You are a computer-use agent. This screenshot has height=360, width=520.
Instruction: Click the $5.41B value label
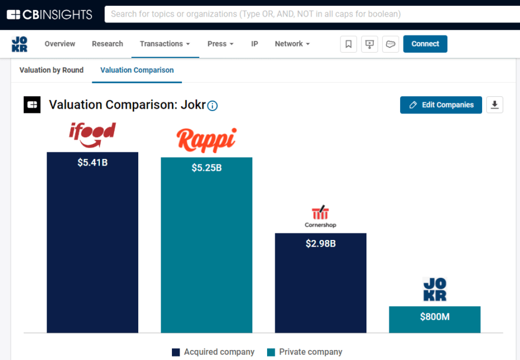[x=92, y=163]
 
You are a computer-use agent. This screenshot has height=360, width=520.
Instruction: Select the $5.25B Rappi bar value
[x=206, y=168]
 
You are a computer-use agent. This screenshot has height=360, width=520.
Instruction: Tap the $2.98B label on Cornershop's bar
[x=320, y=244]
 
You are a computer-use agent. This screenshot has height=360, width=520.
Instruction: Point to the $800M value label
[x=434, y=317]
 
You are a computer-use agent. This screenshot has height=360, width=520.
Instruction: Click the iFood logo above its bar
[x=92, y=135]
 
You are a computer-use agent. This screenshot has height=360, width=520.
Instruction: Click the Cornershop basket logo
[x=320, y=216]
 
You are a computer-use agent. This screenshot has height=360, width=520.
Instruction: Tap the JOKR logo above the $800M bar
[x=434, y=290]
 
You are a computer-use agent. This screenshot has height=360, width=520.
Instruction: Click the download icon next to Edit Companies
[x=495, y=105]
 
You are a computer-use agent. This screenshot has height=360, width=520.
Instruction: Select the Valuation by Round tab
[x=51, y=70]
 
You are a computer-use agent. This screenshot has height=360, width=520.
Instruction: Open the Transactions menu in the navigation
[x=165, y=44]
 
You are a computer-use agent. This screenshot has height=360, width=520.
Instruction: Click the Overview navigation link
[x=60, y=44]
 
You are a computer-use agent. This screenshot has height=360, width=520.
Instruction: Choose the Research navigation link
[x=108, y=44]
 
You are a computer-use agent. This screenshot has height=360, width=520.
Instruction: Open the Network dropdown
[x=292, y=44]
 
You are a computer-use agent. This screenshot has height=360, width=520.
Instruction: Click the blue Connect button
[x=425, y=44]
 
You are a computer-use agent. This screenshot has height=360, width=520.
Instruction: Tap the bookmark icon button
[x=349, y=44]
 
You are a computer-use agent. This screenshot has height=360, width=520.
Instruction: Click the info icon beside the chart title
[x=213, y=106]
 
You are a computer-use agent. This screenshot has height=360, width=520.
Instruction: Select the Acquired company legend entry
[x=213, y=352]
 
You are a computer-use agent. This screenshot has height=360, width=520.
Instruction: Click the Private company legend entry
[x=305, y=352]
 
